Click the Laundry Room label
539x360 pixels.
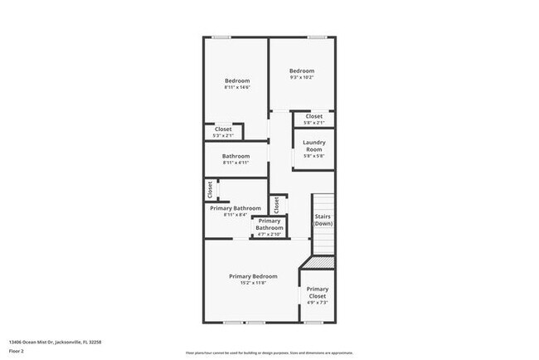tap(313, 146)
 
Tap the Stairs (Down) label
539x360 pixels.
tap(323, 221)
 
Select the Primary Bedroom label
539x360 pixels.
tap(253, 276)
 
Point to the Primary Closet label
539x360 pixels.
tap(318, 293)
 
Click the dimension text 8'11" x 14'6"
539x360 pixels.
tap(236, 88)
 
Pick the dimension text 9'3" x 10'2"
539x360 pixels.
tap(302, 79)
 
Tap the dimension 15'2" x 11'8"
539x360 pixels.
tap(253, 284)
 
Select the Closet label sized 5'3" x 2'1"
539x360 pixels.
tap(223, 129)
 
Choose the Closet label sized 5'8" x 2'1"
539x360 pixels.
tap(313, 116)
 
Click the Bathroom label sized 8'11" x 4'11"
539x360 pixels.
tap(236, 156)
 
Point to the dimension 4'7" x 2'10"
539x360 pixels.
tap(269, 235)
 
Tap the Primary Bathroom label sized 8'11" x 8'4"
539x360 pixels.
tap(236, 208)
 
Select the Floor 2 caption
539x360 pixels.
tap(17, 352)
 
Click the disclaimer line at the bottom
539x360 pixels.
tap(269, 352)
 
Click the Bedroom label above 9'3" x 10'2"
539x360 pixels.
tap(302, 71)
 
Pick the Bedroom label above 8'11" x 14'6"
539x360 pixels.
tap(236, 80)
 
